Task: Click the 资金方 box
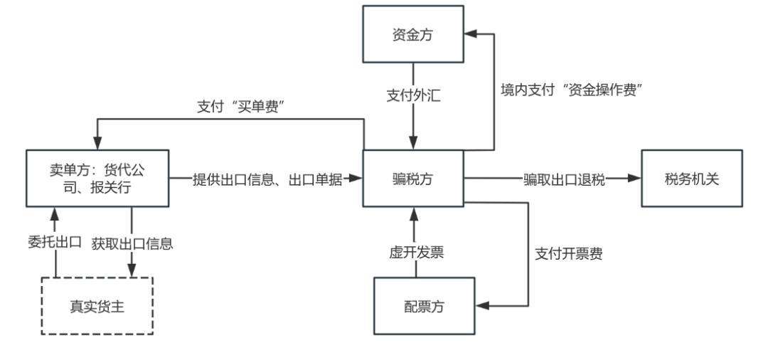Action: coord(412,34)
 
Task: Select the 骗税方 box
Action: coord(412,179)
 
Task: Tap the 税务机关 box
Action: coord(691,179)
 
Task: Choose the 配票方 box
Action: coord(424,306)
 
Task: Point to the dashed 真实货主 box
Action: coord(97,306)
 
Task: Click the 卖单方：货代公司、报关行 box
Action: coord(98,179)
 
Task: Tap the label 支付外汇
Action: coord(413,95)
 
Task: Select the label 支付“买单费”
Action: coord(245,107)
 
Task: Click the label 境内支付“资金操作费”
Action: coord(575,90)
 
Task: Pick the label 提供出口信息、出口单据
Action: coord(268,180)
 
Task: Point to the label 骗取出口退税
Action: coord(564,179)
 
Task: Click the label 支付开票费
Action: coord(568,253)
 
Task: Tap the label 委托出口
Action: coord(55,242)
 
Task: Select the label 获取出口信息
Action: coord(132,243)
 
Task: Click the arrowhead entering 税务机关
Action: coord(635,179)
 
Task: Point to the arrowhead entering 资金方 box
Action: coord(470,33)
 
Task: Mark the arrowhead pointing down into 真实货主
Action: coord(132,270)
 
